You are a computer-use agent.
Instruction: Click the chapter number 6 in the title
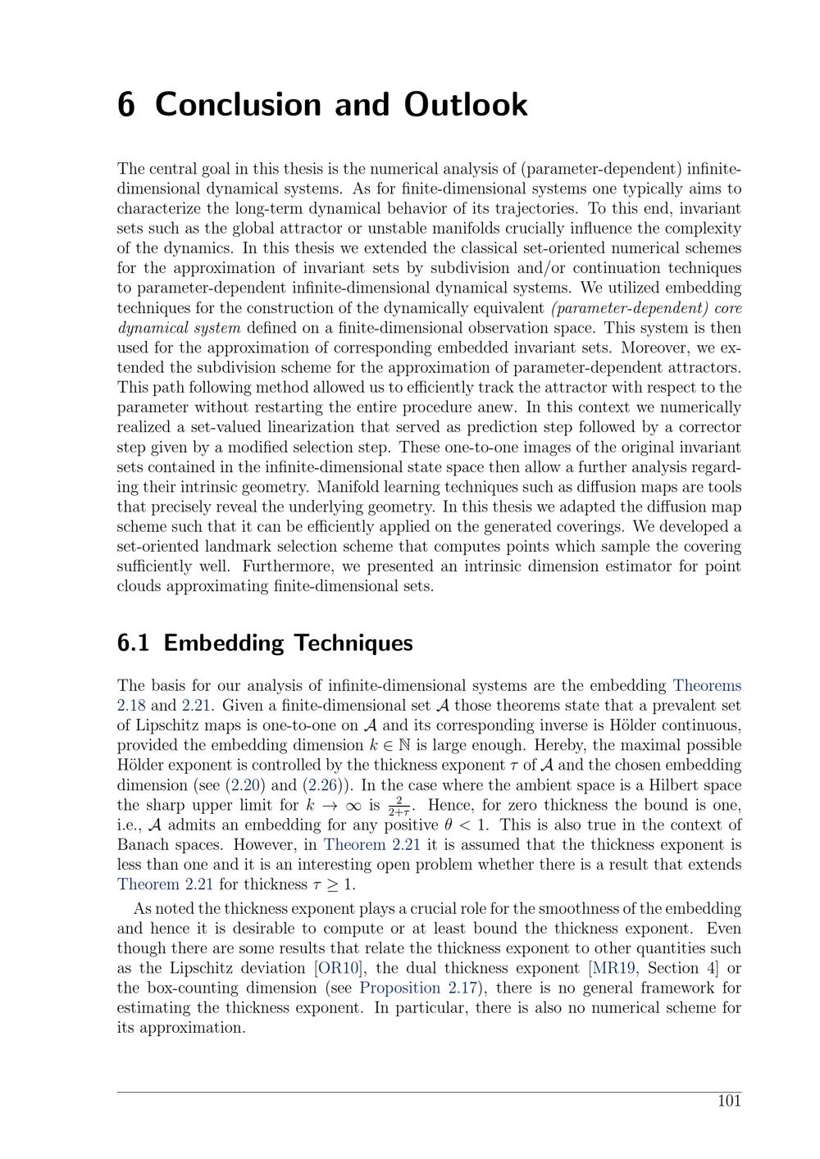tap(126, 105)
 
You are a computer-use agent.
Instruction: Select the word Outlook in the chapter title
tap(465, 105)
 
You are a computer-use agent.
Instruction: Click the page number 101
tap(729, 1101)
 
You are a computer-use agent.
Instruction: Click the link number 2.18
tap(131, 705)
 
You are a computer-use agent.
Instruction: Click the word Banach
tap(143, 844)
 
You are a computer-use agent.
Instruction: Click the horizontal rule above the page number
tap(429, 1092)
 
